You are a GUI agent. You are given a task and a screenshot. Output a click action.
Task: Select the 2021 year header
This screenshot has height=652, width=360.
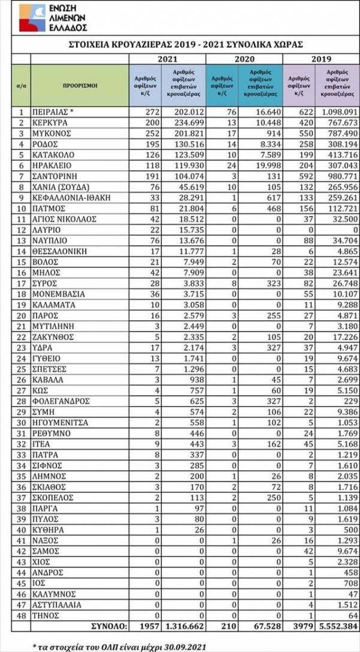click(167, 58)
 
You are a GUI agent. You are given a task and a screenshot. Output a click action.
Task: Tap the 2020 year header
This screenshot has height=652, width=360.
click(244, 58)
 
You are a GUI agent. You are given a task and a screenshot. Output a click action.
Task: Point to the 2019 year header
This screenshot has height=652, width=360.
click(320, 58)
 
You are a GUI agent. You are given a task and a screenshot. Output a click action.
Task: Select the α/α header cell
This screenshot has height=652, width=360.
click(20, 85)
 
